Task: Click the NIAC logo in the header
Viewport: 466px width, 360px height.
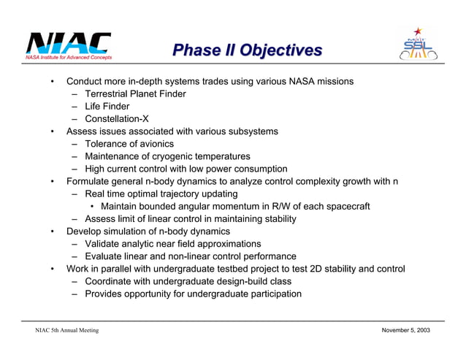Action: click(x=69, y=46)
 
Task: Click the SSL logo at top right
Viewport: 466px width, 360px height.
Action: click(x=420, y=45)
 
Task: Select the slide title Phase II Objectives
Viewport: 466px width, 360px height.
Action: click(x=247, y=50)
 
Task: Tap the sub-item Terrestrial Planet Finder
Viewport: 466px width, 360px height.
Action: click(x=135, y=94)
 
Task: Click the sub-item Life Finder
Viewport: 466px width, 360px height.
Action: click(x=107, y=107)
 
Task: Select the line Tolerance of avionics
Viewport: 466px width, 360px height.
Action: click(x=129, y=144)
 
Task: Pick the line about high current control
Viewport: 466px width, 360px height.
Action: click(x=186, y=169)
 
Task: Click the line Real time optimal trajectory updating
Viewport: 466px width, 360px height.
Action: click(x=161, y=194)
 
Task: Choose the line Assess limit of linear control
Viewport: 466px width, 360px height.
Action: click(x=190, y=219)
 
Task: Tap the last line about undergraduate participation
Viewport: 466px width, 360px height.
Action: click(x=193, y=294)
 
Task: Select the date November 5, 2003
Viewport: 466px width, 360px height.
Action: click(x=406, y=331)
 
